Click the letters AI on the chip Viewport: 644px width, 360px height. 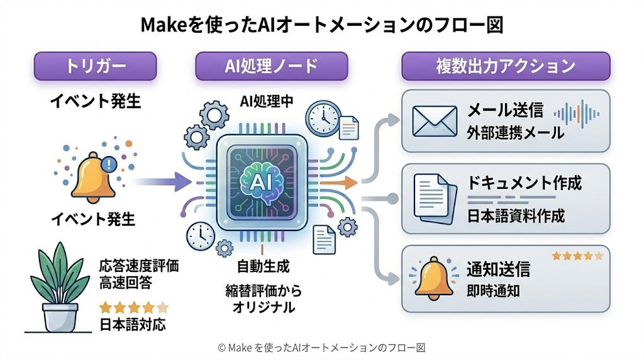(260, 181)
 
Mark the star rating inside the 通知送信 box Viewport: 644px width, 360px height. (577, 256)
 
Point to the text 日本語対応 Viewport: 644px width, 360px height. (132, 326)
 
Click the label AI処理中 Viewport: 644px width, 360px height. (267, 101)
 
